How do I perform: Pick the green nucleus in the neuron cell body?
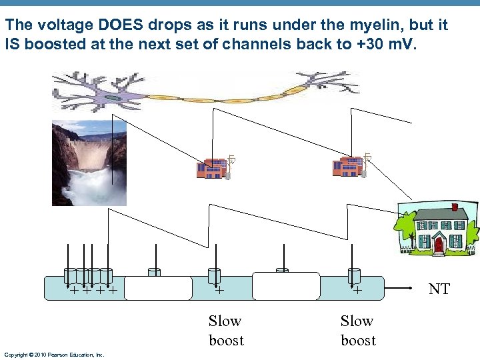coord(115,99)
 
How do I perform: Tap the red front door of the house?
coord(438,245)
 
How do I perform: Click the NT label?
coord(439,289)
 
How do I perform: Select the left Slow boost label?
coord(225,330)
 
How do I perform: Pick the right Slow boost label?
coord(358,330)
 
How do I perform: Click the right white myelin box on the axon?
coord(286,287)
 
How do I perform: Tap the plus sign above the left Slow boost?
coord(219,291)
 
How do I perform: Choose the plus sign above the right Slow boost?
coord(357,291)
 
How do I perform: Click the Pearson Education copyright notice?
coord(54,355)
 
